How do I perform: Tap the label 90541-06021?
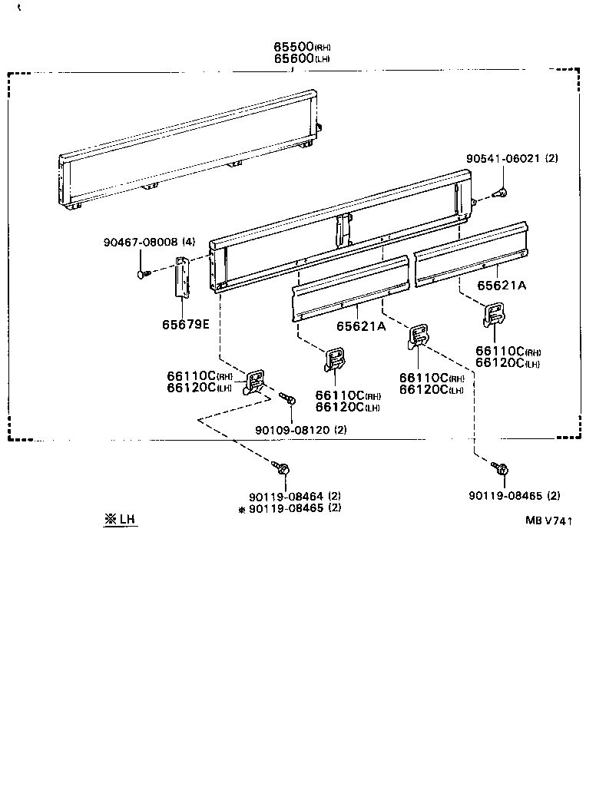[x=503, y=159]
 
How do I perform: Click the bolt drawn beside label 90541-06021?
[x=498, y=194]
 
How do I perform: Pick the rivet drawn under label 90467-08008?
[x=142, y=273]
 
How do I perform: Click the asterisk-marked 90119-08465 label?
[x=285, y=507]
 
